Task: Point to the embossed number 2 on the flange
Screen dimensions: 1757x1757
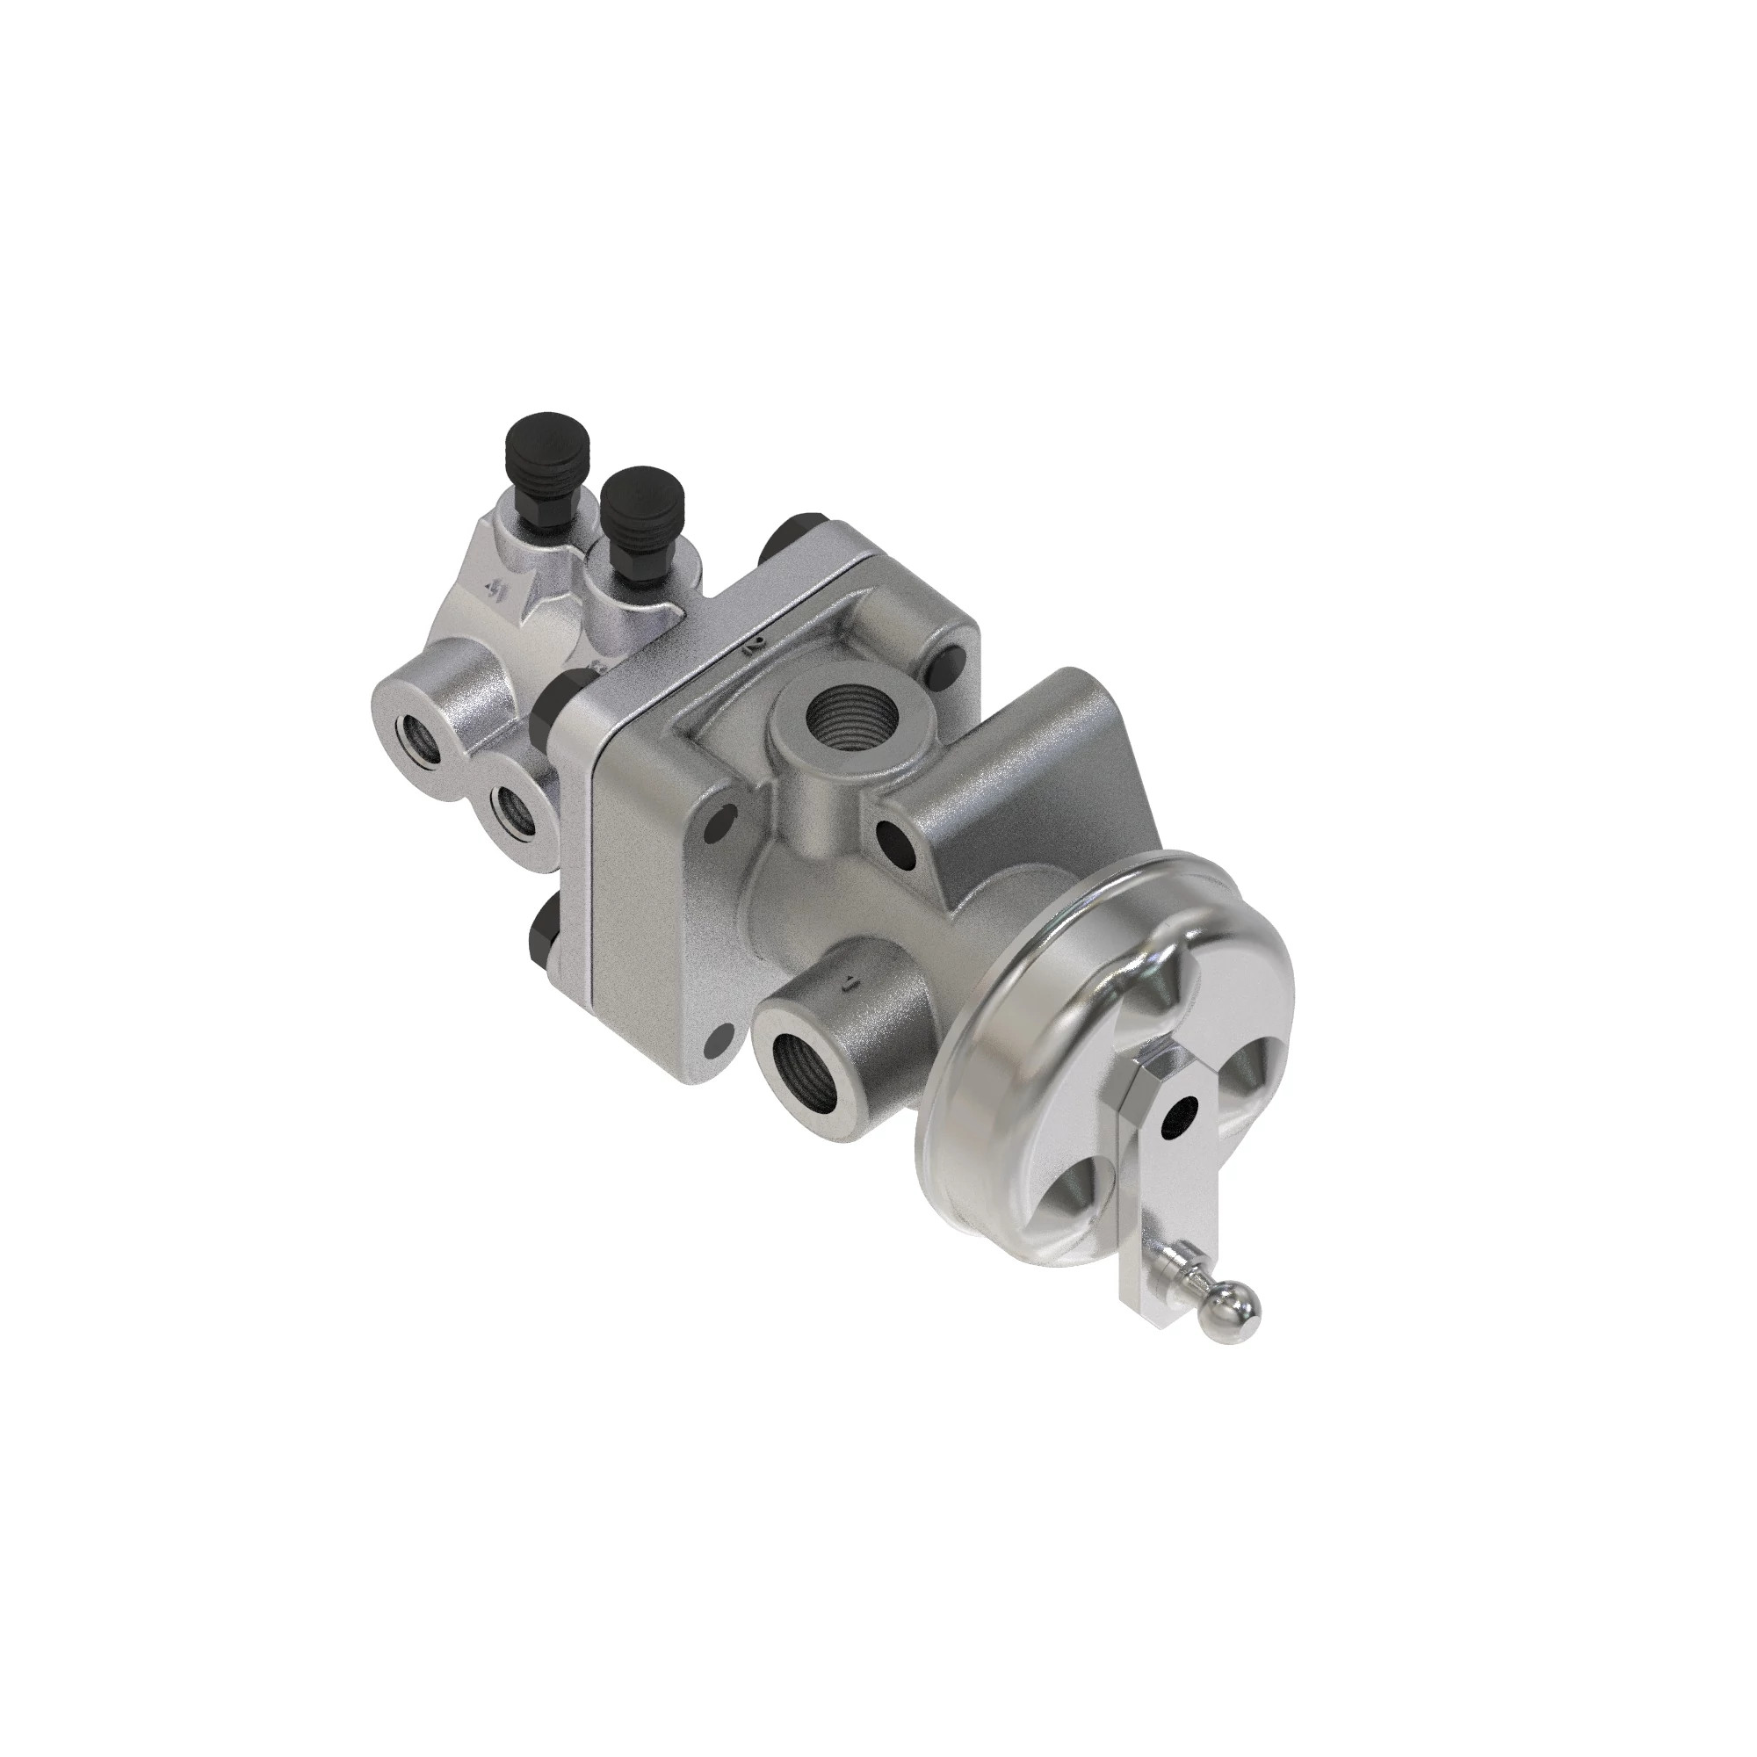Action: (x=753, y=647)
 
